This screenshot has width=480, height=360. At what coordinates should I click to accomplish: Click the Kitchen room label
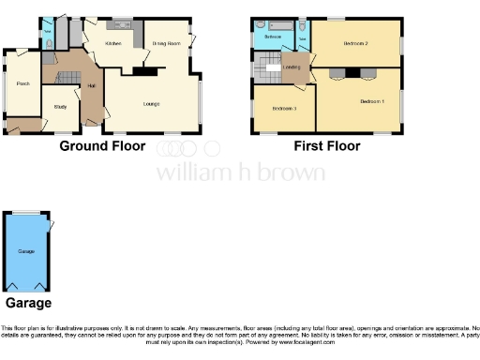tap(113, 44)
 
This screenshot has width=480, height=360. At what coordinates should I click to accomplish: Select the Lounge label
tap(151, 103)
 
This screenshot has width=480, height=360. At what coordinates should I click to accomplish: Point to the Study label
tap(59, 107)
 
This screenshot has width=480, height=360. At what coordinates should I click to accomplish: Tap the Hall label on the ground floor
tap(92, 86)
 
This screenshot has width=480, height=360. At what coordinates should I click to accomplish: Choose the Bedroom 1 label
tap(372, 101)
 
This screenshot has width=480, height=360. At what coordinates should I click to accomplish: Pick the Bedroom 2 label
tap(354, 44)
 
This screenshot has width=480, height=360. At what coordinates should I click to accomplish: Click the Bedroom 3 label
tap(284, 109)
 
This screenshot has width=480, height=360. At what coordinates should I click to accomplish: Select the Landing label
tap(292, 67)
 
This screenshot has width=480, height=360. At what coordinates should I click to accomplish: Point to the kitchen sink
tap(123, 21)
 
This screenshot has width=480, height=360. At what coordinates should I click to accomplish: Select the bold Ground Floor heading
tap(102, 146)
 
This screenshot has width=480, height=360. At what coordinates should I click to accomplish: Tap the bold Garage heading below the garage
tap(28, 303)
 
